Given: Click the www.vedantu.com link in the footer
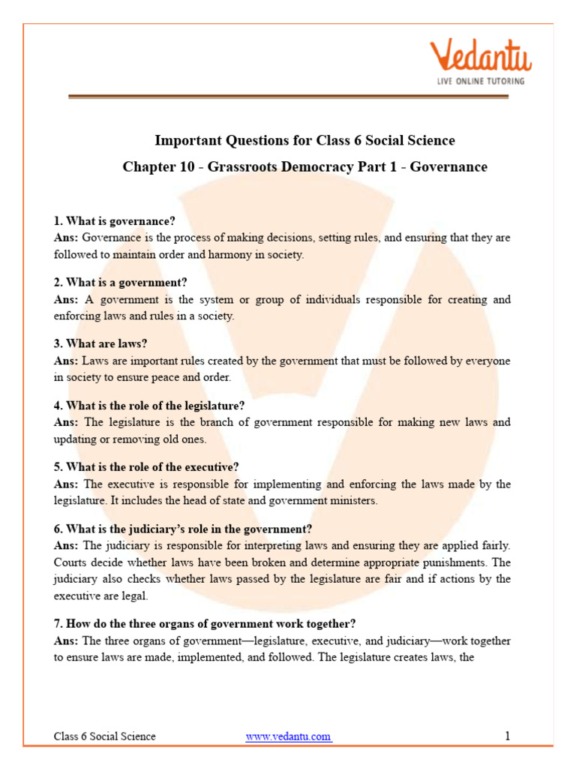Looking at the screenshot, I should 289,736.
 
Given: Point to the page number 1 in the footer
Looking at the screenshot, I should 508,736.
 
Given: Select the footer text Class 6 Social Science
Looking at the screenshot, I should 105,736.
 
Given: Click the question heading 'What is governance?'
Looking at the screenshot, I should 115,221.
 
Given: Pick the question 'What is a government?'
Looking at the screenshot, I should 120,283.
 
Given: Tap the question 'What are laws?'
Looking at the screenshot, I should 100,343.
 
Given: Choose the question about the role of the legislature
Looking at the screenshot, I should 149,405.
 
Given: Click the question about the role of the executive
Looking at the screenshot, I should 146,466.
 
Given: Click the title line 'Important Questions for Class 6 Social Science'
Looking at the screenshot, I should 304,140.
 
